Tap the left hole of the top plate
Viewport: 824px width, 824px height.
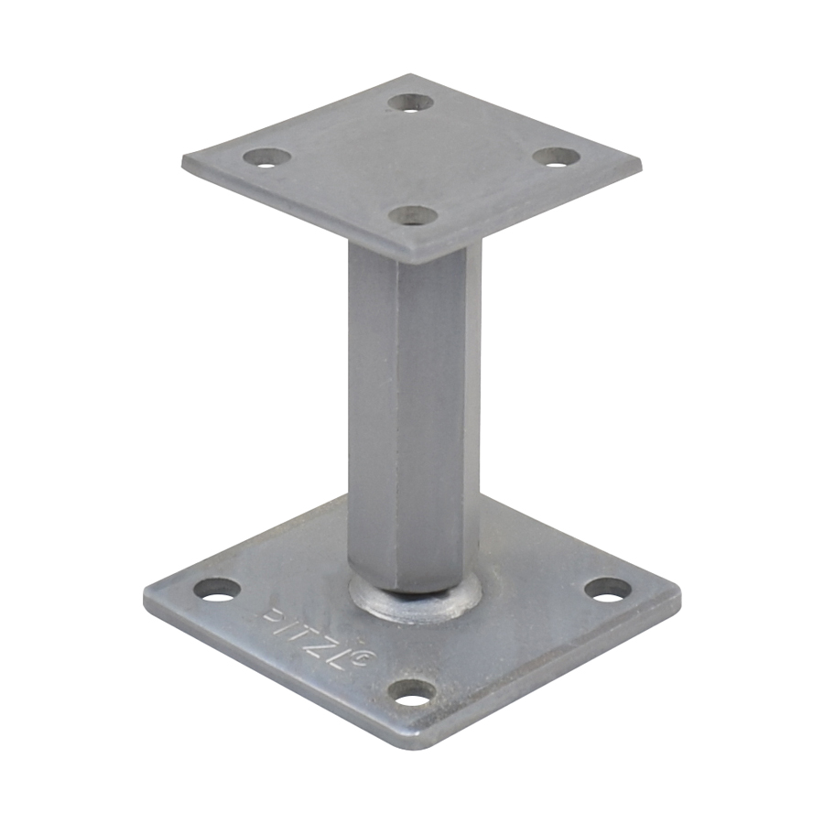268,157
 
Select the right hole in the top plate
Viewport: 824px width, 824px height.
557,157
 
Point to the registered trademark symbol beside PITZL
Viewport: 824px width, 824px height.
358,657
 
